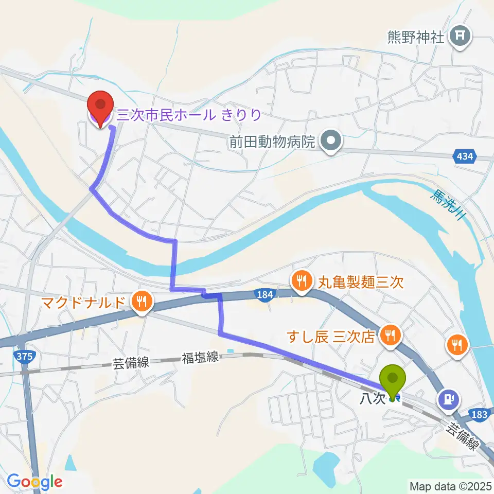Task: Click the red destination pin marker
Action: click(x=101, y=105)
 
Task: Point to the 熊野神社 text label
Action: click(x=416, y=38)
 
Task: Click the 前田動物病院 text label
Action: click(x=272, y=141)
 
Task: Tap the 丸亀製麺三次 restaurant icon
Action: click(x=301, y=281)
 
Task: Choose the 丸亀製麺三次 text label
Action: click(x=355, y=281)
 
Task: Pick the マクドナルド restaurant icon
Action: click(x=140, y=301)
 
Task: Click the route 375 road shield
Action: click(x=24, y=356)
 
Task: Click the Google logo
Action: click(x=34, y=482)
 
